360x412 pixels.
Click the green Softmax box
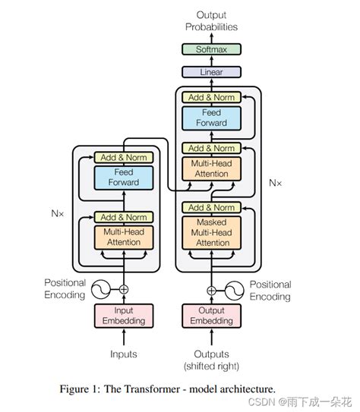point(210,49)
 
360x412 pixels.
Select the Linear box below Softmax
point(210,72)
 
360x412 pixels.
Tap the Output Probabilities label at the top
point(210,20)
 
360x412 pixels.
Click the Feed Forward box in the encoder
point(124,178)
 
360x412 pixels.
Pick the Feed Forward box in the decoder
point(210,118)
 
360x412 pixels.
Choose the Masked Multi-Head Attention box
point(210,232)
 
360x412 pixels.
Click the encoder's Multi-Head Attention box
point(124,237)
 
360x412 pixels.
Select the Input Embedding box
point(124,315)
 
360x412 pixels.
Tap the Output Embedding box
point(210,315)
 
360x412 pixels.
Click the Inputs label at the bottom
point(124,354)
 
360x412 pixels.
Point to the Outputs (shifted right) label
point(210,359)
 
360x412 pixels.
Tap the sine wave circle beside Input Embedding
point(101,289)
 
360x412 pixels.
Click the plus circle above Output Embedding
point(210,290)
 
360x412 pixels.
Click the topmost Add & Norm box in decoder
point(210,97)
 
